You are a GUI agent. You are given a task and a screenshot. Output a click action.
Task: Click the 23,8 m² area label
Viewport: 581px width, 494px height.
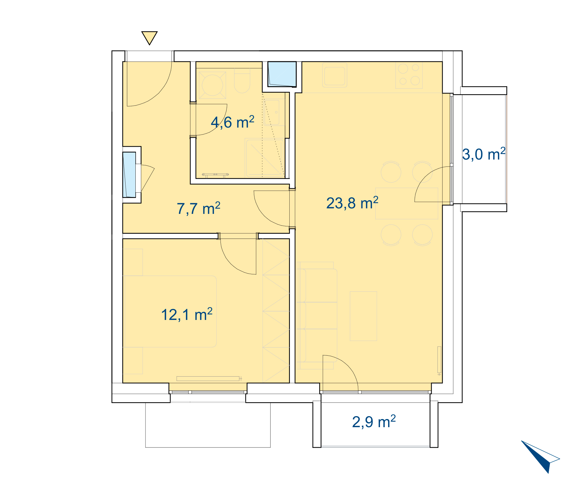[x=352, y=203]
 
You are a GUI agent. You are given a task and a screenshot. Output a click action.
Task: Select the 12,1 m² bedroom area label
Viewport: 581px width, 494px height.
[x=187, y=314]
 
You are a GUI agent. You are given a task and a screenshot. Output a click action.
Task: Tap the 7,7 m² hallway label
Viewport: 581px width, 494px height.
[x=198, y=208]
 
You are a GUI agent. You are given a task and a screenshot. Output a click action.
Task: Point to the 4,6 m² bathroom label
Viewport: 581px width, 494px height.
[x=232, y=122]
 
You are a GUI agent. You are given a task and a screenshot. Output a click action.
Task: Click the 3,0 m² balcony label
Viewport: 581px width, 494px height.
[x=484, y=154]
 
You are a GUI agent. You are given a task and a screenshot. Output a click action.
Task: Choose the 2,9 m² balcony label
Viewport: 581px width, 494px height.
[x=374, y=422]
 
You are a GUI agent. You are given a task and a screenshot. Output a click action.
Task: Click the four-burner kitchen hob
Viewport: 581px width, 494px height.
[x=409, y=75]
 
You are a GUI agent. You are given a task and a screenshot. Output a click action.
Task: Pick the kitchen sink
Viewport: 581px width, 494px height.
[x=335, y=75]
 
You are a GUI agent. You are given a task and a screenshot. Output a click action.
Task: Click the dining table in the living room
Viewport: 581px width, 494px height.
[x=407, y=203]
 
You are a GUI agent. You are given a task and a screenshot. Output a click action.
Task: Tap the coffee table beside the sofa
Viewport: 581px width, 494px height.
[x=363, y=316]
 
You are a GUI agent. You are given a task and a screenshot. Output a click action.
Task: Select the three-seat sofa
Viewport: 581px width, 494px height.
[x=317, y=316]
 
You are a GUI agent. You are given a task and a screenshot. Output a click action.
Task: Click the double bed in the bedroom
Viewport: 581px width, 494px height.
[x=170, y=312]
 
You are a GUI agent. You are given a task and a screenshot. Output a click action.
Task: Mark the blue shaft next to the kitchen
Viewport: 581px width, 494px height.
[x=282, y=74]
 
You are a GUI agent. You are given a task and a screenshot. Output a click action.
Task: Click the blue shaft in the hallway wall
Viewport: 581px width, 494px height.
[x=129, y=175]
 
